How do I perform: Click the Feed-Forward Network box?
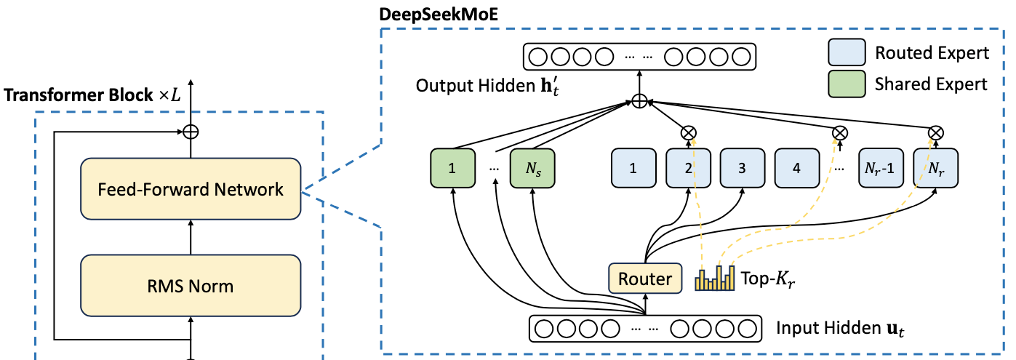coord(191,188)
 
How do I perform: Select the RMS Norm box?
coord(191,286)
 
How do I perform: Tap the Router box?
coord(645,279)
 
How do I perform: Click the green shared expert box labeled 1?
coord(452,168)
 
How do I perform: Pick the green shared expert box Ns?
coord(532,168)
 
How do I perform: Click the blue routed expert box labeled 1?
coord(633,168)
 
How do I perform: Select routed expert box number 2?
coord(688,168)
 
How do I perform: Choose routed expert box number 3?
coord(743,168)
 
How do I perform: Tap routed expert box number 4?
coord(797,168)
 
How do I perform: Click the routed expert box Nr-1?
coord(881,168)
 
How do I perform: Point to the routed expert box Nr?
coord(936,168)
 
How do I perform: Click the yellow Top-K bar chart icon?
coord(715,278)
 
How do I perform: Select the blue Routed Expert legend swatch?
coord(847,52)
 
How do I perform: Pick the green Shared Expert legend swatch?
coord(847,84)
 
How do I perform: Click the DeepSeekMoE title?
coord(439,14)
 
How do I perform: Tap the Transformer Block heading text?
coord(92,95)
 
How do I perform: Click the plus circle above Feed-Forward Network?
coord(191,132)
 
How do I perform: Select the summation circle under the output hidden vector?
coord(639,100)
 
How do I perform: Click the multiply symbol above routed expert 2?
coord(689,133)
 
